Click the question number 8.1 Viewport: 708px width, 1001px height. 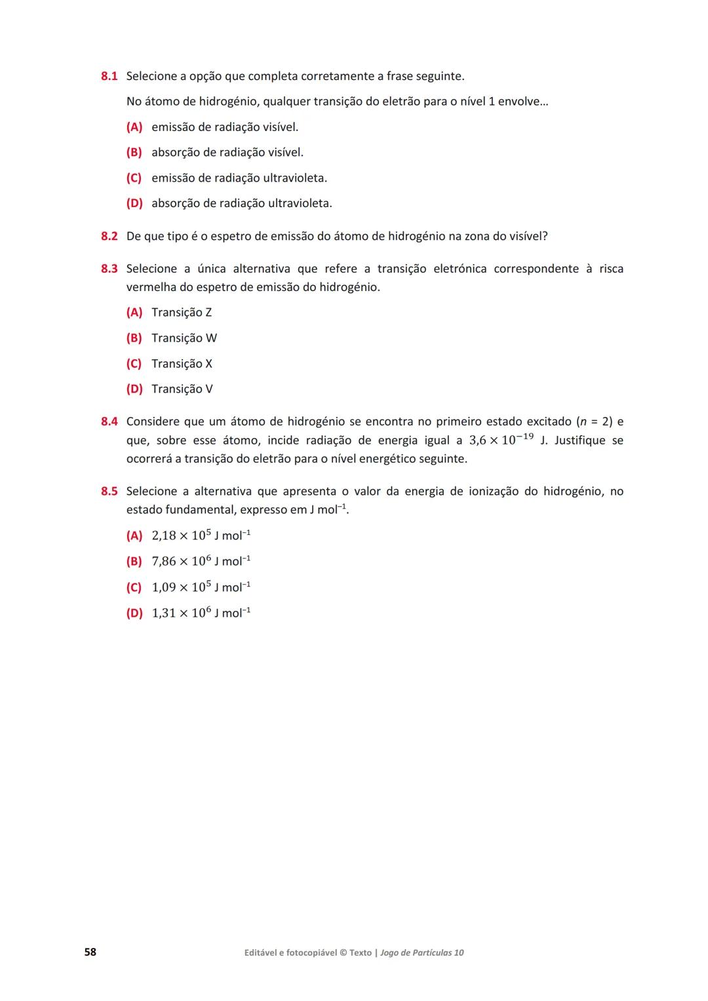point(109,76)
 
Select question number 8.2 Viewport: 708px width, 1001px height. point(109,236)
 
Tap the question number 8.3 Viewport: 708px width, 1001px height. point(109,269)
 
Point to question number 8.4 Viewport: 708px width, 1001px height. point(109,422)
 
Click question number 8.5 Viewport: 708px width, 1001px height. point(109,492)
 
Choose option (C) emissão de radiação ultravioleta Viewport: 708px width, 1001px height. point(239,178)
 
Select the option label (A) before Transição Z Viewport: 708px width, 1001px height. point(134,313)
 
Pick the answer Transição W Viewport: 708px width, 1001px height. point(184,338)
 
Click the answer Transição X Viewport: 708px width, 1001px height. point(182,364)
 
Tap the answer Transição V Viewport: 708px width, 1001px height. point(182,389)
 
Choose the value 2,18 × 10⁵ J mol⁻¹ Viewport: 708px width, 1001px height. point(201,536)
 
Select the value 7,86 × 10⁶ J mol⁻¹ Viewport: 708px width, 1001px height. point(201,561)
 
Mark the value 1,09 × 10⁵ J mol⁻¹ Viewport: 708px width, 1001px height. point(201,587)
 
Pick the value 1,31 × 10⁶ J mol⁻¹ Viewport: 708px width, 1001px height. point(201,613)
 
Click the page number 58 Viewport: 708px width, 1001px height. point(90,952)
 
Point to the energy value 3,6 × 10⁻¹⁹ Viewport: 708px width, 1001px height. point(501,439)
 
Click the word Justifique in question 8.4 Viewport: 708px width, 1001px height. point(580,441)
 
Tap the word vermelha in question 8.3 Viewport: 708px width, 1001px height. point(151,287)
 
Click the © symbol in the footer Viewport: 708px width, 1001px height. point(343,953)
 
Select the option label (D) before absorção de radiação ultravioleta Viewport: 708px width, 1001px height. point(134,204)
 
